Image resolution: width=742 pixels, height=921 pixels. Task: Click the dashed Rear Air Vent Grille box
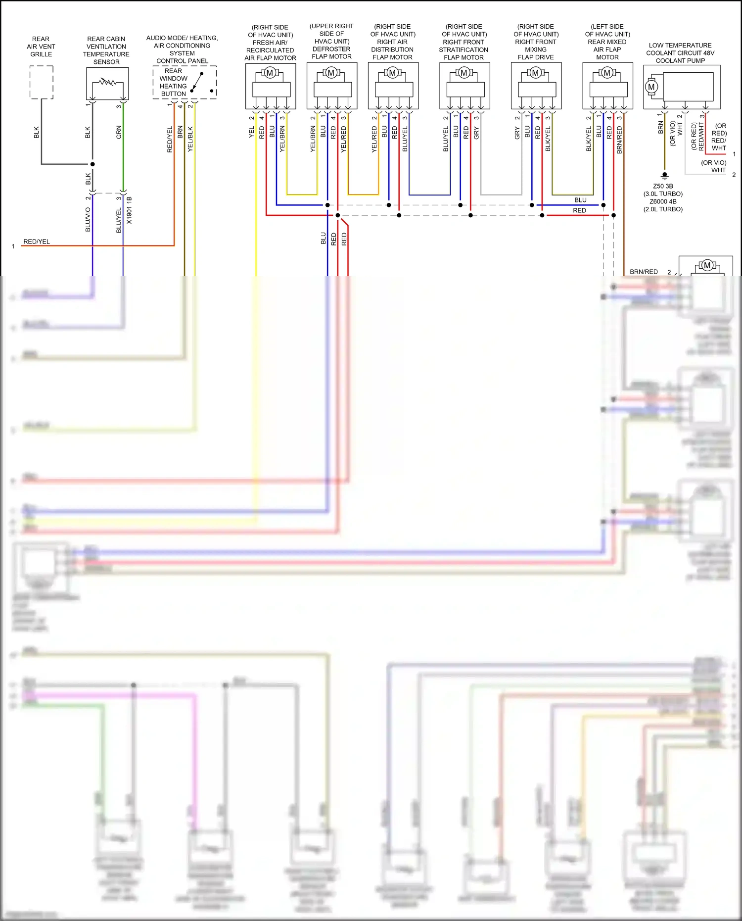point(41,82)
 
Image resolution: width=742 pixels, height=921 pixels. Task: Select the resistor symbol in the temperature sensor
point(107,82)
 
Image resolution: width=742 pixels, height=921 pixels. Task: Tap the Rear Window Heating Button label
point(173,82)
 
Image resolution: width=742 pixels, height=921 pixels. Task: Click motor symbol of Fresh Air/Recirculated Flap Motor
point(270,73)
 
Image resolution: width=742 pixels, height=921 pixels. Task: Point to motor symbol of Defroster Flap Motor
point(331,73)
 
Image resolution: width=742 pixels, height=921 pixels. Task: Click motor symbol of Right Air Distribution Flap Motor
point(392,73)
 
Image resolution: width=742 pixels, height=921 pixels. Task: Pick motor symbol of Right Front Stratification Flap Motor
point(464,73)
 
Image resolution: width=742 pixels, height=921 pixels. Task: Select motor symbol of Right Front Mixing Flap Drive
point(535,73)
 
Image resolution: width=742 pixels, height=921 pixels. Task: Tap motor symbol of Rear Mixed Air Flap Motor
point(607,73)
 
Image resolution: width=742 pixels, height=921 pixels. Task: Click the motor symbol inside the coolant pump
point(651,87)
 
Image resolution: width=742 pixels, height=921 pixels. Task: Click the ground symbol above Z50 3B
point(664,175)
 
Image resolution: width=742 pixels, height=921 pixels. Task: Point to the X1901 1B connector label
point(130,210)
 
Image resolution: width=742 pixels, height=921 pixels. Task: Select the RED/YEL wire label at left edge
point(37,242)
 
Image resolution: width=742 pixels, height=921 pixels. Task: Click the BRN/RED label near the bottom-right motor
point(643,272)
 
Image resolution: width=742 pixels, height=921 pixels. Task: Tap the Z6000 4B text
point(663,201)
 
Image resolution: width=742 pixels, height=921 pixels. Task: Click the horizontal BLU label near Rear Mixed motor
point(580,200)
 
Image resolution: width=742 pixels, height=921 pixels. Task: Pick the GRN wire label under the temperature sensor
point(119,132)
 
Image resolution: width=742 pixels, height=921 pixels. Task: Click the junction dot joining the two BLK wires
point(93,164)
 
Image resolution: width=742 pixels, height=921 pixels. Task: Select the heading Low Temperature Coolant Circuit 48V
point(680,52)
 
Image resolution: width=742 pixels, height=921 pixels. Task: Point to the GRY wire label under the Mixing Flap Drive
point(517,133)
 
